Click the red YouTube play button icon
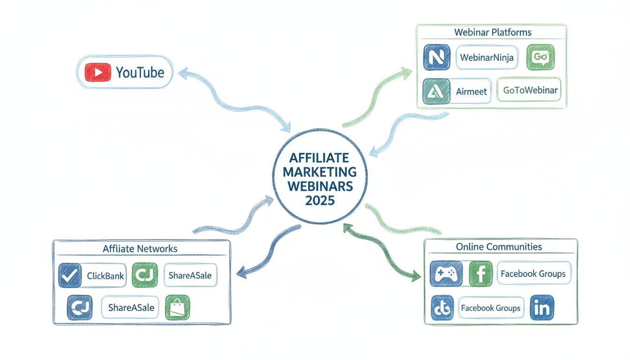click(x=98, y=73)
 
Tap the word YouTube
click(x=140, y=73)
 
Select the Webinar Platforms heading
click(x=493, y=32)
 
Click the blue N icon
click(x=436, y=58)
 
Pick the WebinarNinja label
click(x=487, y=58)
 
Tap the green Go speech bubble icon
click(x=540, y=58)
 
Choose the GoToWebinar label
click(x=530, y=90)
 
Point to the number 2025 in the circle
click(x=320, y=200)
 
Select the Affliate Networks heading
click(x=140, y=249)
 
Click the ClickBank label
click(x=105, y=276)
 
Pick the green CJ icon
click(x=145, y=275)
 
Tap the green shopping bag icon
click(x=178, y=307)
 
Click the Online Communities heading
click(x=499, y=247)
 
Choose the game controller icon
click(x=446, y=274)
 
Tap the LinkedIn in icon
click(x=542, y=307)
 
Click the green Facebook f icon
click(x=480, y=274)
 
